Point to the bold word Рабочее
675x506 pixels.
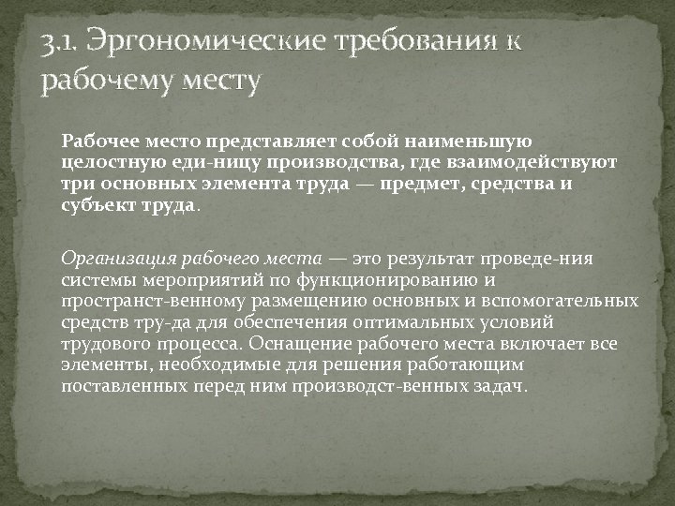[x=96, y=141]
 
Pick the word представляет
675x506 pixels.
[x=250, y=141]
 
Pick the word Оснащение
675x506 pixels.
[x=307, y=344]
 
